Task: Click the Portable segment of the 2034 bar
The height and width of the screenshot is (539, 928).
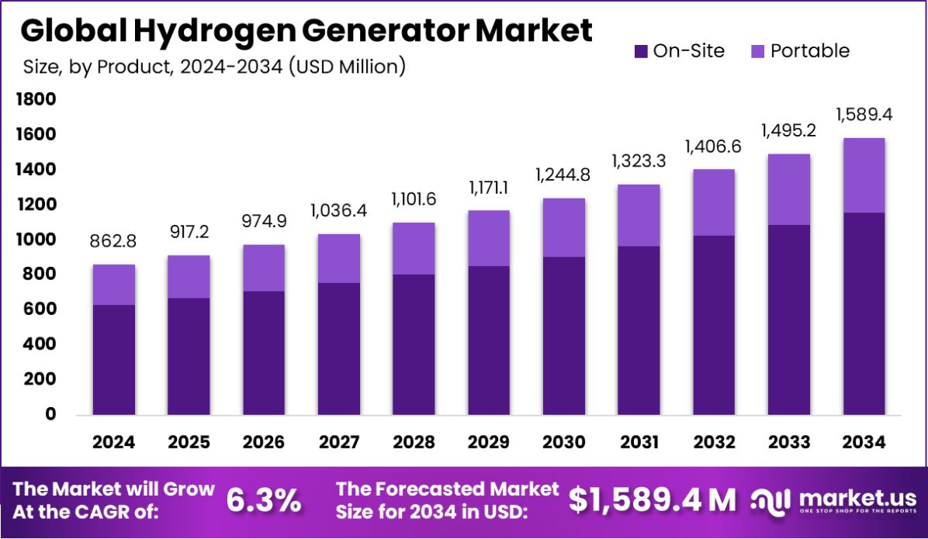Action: (x=864, y=175)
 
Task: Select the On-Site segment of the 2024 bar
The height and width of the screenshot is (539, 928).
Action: (x=113, y=360)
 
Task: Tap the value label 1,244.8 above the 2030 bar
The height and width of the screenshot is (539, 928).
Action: (x=563, y=175)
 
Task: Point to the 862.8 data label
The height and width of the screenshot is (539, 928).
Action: (x=113, y=242)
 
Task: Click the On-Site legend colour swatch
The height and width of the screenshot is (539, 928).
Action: (x=641, y=51)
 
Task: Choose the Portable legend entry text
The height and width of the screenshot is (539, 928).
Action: (x=809, y=51)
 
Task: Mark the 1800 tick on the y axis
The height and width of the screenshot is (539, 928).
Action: (x=34, y=99)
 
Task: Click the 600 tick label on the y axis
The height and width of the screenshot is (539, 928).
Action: (x=34, y=309)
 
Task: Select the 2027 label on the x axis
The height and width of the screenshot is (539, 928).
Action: (x=338, y=442)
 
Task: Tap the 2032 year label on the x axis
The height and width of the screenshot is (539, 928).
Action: (x=714, y=442)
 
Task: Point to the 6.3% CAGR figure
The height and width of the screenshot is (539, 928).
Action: (x=264, y=501)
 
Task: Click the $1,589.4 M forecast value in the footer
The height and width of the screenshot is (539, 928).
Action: (x=652, y=501)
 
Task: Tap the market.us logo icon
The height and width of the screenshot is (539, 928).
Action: (x=771, y=501)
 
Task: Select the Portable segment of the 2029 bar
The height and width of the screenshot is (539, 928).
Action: (x=489, y=238)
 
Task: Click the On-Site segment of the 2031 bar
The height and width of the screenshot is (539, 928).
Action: (x=639, y=330)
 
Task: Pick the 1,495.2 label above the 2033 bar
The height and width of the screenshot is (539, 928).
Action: (x=788, y=130)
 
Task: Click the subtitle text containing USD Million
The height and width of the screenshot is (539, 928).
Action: (x=213, y=67)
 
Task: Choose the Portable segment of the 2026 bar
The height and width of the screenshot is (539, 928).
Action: (x=263, y=268)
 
